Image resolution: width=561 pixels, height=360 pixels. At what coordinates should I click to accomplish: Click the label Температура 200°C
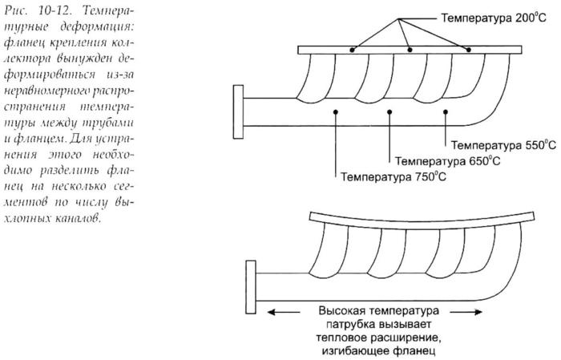pyautogui.click(x=494, y=18)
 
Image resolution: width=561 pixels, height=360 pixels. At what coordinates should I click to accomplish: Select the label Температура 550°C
pyautogui.click(x=503, y=145)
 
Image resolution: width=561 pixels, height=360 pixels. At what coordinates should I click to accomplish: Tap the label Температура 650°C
pyautogui.click(x=447, y=161)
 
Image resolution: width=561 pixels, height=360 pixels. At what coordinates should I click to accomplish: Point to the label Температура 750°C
pyautogui.click(x=394, y=176)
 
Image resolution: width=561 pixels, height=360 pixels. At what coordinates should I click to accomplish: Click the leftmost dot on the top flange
pyautogui.click(x=353, y=50)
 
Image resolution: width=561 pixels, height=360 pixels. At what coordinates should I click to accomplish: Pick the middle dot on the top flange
pyautogui.click(x=410, y=50)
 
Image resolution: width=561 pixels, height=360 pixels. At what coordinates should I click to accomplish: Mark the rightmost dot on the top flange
pyautogui.click(x=469, y=50)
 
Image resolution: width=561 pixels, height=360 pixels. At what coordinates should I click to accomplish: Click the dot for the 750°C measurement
pyautogui.click(x=335, y=112)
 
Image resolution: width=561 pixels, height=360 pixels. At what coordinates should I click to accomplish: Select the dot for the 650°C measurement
pyautogui.click(x=389, y=112)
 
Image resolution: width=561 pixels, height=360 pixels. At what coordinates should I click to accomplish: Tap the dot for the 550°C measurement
pyautogui.click(x=446, y=112)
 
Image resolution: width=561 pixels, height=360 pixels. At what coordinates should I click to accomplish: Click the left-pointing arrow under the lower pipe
pyautogui.click(x=284, y=313)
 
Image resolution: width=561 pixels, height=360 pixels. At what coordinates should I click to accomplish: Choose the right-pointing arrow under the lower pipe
pyautogui.click(x=466, y=313)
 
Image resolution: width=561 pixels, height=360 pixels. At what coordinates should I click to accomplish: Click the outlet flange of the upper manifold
pyautogui.click(x=238, y=111)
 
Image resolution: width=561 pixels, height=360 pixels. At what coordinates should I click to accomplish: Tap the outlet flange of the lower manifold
pyautogui.click(x=251, y=287)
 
